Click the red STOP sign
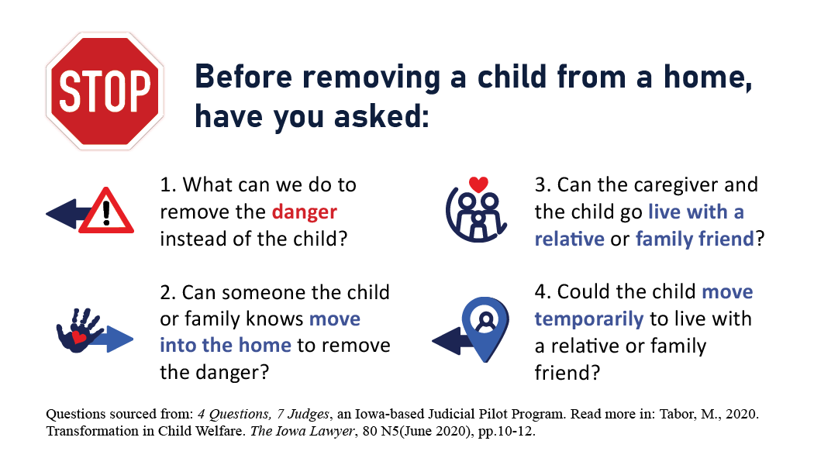105,91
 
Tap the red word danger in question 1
304,212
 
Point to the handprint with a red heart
79,330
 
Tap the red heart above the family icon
478,184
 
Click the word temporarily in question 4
589,319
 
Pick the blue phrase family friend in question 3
695,239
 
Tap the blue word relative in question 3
570,239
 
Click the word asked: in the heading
381,116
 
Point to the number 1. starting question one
169,184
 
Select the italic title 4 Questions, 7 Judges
264,414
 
